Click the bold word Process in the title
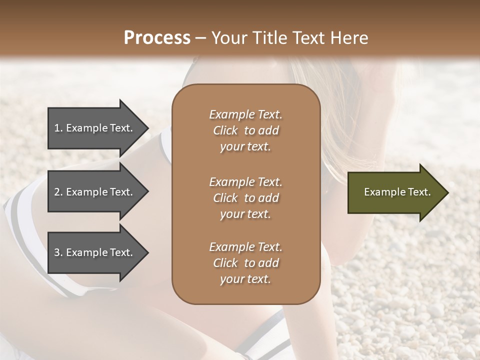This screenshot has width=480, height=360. pos(157,38)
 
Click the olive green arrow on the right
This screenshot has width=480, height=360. pos(395,192)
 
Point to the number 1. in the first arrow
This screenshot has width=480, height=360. pos(59,128)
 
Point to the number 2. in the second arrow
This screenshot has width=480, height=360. pos(59,192)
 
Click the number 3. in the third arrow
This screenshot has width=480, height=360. pos(59,253)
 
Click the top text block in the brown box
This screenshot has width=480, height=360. pos(245,130)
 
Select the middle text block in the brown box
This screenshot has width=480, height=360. pos(245,198)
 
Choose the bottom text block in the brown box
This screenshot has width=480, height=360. pos(245,263)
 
